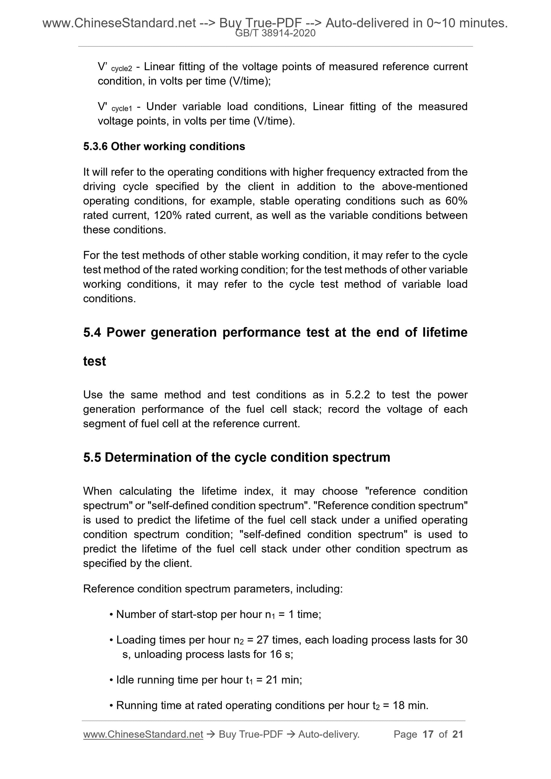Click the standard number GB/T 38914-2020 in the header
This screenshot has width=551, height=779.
tap(275, 33)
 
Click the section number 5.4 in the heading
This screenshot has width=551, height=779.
tap(92, 332)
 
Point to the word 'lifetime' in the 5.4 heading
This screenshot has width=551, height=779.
tap(445, 332)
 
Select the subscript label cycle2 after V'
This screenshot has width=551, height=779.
tap(121, 69)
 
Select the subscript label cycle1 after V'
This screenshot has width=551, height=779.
tap(121, 109)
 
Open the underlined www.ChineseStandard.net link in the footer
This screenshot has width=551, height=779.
tap(143, 735)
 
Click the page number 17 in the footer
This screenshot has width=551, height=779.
tap(428, 735)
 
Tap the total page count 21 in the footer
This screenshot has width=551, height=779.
tap(458, 735)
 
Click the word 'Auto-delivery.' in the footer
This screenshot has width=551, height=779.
tap(329, 735)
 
